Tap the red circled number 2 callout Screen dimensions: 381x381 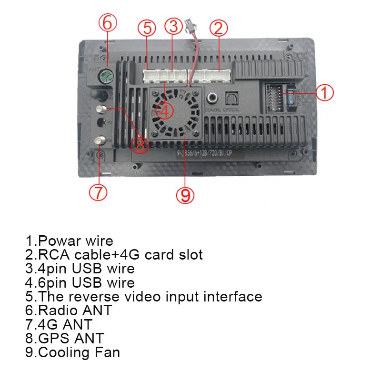click(218, 28)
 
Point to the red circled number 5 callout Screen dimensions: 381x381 click(147, 28)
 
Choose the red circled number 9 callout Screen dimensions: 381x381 click(186, 194)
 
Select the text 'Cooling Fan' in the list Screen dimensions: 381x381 click(79, 352)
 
